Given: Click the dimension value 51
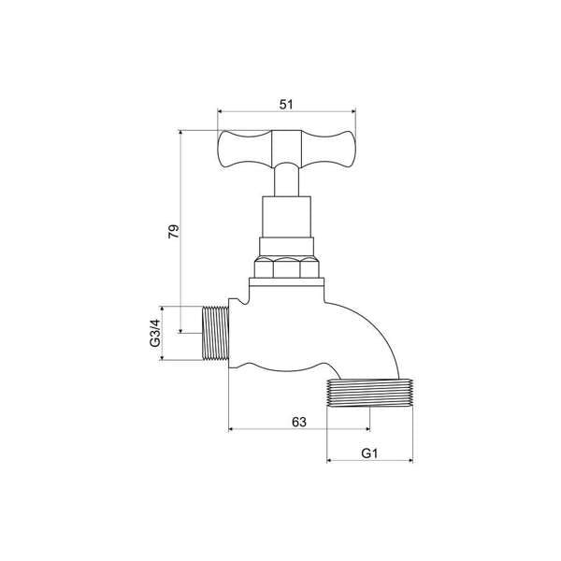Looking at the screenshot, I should tap(286, 105).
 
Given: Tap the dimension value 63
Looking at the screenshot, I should tap(299, 422).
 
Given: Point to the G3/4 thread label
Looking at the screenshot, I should tap(156, 334).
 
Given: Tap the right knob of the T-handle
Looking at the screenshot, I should tap(338, 150).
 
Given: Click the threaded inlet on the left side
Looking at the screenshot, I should tap(216, 334).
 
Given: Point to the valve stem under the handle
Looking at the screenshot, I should tap(287, 180).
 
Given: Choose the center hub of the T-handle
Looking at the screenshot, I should tap(287, 148).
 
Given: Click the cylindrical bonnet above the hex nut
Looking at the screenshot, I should tap(287, 218).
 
